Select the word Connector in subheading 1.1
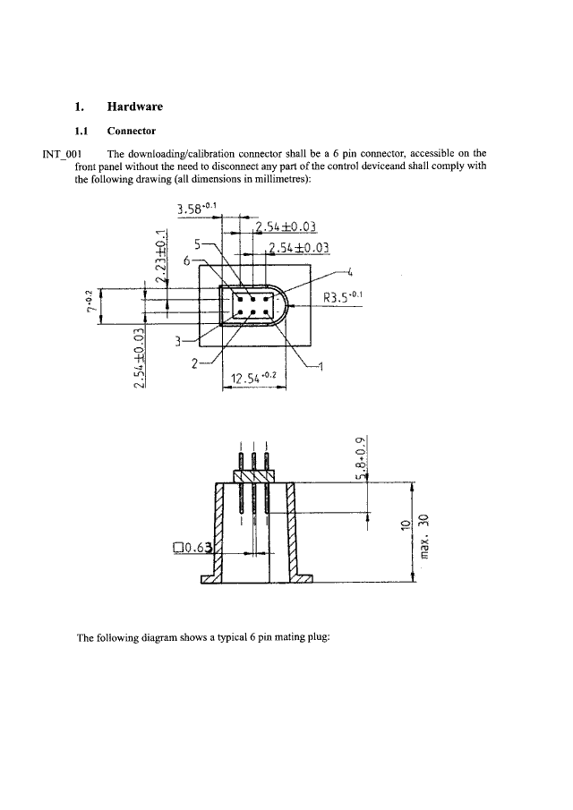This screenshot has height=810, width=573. (x=132, y=131)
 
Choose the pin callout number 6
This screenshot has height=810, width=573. (x=186, y=260)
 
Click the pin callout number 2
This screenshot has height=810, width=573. (x=194, y=363)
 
